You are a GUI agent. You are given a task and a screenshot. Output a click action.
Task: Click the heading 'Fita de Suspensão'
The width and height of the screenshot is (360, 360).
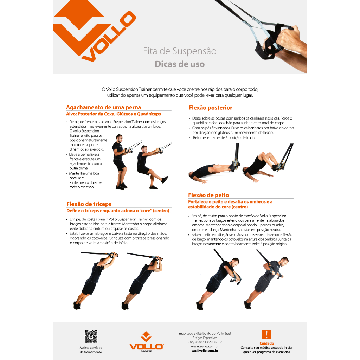click(x=180, y=51)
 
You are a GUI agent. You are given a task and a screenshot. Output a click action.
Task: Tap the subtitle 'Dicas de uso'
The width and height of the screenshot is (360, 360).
click(x=180, y=64)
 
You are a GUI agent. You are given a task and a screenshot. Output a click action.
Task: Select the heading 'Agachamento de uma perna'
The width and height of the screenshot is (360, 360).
click(x=104, y=107)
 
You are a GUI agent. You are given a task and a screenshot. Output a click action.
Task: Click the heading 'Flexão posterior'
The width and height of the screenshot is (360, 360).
click(x=211, y=108)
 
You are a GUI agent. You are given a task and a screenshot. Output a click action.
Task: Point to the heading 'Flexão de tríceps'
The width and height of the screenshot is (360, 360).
click(x=89, y=204)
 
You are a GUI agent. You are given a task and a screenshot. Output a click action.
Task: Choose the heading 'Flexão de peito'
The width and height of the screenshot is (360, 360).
click(x=208, y=195)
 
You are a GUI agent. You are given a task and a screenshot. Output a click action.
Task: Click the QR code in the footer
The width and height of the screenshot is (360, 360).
click(x=91, y=336)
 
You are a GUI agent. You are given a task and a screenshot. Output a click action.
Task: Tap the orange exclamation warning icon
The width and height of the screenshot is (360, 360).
click(x=266, y=334)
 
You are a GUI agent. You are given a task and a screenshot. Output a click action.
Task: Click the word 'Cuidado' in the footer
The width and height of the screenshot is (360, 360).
click(x=266, y=343)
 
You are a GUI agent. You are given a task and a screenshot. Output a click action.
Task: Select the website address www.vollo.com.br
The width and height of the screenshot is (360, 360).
click(x=205, y=346)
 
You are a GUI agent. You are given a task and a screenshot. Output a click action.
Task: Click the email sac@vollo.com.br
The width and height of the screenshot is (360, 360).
click(x=205, y=351)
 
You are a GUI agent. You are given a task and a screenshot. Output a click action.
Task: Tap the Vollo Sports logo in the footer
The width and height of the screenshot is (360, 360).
click(x=147, y=342)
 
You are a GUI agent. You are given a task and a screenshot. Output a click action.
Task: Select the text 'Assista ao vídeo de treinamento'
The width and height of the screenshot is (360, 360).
click(x=91, y=350)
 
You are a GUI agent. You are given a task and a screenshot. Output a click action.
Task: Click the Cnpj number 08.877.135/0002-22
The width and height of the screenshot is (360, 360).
click(x=205, y=342)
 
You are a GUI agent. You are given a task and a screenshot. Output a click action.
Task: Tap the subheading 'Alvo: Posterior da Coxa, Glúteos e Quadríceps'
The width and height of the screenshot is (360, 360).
click(x=114, y=114)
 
